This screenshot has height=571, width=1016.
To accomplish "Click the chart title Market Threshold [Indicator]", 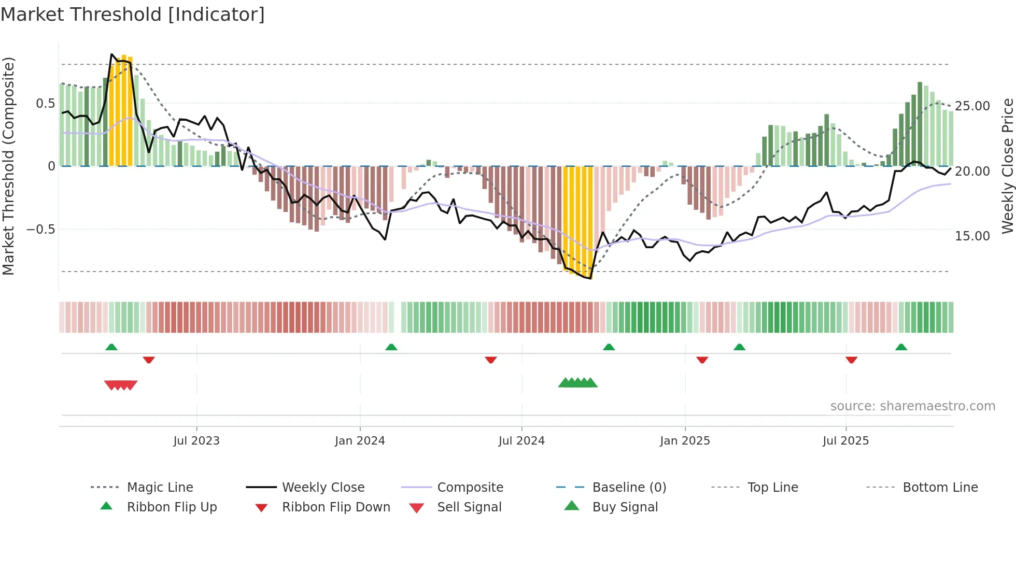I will (x=133, y=15).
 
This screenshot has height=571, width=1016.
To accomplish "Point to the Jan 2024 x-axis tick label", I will (x=360, y=441).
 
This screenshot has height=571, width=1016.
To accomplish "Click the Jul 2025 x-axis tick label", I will (x=845, y=441).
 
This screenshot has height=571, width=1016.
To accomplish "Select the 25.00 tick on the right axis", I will (x=972, y=106).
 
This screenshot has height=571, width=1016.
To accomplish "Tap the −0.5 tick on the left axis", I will (x=40, y=230).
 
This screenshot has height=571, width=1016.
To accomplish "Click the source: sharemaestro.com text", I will (x=912, y=406).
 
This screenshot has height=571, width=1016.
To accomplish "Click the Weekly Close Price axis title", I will (x=1007, y=166).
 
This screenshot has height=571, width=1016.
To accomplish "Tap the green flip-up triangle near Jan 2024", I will (x=391, y=347).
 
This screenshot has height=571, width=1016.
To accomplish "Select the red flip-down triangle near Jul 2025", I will (x=851, y=360).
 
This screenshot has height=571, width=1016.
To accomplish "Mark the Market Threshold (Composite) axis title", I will (x=8, y=166).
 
